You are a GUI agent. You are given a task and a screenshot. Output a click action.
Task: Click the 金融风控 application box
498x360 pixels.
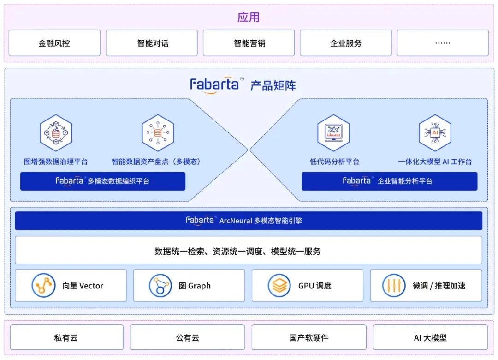(54, 43)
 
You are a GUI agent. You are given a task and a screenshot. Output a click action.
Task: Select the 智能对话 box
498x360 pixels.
(152, 43)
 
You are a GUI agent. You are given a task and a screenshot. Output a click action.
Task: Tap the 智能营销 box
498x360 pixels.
(249, 43)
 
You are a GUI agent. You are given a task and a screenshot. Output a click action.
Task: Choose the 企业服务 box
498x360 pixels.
(346, 43)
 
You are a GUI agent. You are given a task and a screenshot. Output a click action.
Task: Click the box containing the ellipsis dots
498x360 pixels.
(443, 43)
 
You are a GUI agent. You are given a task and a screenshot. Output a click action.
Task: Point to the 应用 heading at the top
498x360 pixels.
(249, 17)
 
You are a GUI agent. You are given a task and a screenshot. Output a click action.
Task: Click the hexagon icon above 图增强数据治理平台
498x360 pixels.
(56, 133)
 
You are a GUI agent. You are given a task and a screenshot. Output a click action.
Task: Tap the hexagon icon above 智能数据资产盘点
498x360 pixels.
(158, 133)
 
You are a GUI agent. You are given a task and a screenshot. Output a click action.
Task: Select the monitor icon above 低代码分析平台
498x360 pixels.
(333, 133)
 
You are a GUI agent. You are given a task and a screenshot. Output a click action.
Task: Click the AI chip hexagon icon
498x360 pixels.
(435, 133)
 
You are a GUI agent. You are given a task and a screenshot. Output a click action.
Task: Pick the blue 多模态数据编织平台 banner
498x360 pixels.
(102, 181)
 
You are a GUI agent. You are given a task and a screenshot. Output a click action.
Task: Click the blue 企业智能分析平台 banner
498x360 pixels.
(389, 181)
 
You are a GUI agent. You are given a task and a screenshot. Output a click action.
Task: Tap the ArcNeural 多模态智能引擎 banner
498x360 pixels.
(249, 221)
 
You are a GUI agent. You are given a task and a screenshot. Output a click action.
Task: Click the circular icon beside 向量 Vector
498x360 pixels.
(43, 286)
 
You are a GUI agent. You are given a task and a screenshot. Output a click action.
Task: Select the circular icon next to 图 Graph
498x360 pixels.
(160, 286)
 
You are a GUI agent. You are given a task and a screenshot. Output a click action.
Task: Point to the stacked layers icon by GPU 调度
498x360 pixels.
(279, 286)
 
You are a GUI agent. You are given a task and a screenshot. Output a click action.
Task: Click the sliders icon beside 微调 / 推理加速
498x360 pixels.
(394, 286)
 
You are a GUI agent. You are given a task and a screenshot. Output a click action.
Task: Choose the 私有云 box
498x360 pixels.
(67, 337)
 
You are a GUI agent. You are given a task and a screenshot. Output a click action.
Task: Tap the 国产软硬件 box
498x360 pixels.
(309, 337)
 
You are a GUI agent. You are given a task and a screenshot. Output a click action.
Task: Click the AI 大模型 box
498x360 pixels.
(430, 337)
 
